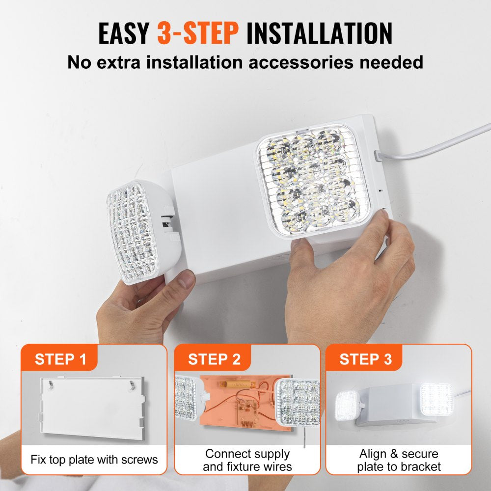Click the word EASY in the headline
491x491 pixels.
coord(124,33)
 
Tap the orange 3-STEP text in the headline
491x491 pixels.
coord(198,33)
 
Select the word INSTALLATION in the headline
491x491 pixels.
coord(319,33)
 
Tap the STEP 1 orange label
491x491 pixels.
coord(60,359)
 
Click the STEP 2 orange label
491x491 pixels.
coord(214,359)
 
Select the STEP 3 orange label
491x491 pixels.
coord(366,359)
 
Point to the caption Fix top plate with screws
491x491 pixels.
coord(94,460)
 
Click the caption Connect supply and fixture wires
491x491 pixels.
coord(247,460)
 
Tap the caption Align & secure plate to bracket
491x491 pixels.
coord(399,460)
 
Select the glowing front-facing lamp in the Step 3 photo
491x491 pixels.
coord(436,398)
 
